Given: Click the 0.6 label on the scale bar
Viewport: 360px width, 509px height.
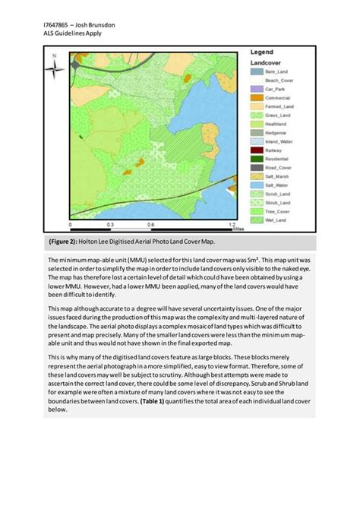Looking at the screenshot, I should click(x=151, y=226).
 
